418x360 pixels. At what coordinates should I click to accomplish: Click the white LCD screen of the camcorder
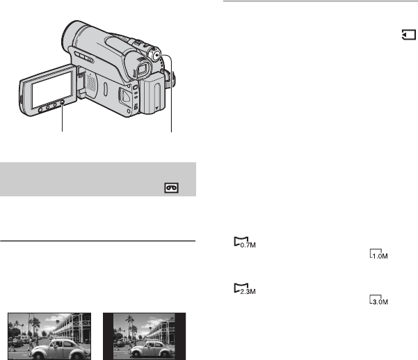point(51,89)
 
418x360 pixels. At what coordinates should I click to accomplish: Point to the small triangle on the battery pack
point(156,108)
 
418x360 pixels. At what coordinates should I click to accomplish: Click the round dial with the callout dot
point(156,56)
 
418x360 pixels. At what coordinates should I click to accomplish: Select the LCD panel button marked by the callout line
point(62,102)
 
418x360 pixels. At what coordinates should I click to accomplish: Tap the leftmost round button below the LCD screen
point(41,110)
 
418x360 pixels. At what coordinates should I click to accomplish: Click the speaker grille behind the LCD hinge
point(91,84)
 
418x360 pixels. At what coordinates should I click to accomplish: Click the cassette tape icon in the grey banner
point(171,188)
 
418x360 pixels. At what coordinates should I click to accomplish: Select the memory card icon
point(409,35)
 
